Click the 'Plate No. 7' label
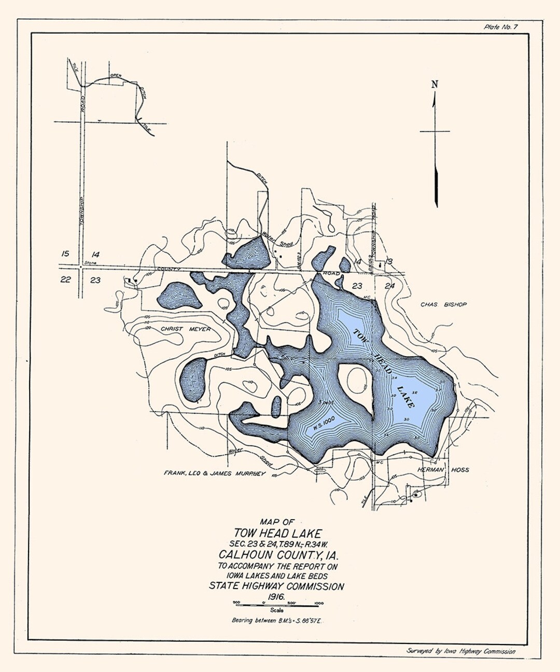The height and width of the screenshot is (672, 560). [x=500, y=27]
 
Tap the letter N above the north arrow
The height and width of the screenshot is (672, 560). [x=435, y=85]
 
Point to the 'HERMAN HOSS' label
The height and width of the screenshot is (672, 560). [x=443, y=470]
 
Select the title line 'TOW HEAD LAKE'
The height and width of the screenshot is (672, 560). [x=277, y=533]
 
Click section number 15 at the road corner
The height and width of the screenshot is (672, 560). [x=65, y=254]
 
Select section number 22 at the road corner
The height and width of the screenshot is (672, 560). [x=65, y=280]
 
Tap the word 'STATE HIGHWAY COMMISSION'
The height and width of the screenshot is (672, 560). [x=276, y=587]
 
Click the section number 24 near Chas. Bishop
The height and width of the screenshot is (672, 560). [x=390, y=286]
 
